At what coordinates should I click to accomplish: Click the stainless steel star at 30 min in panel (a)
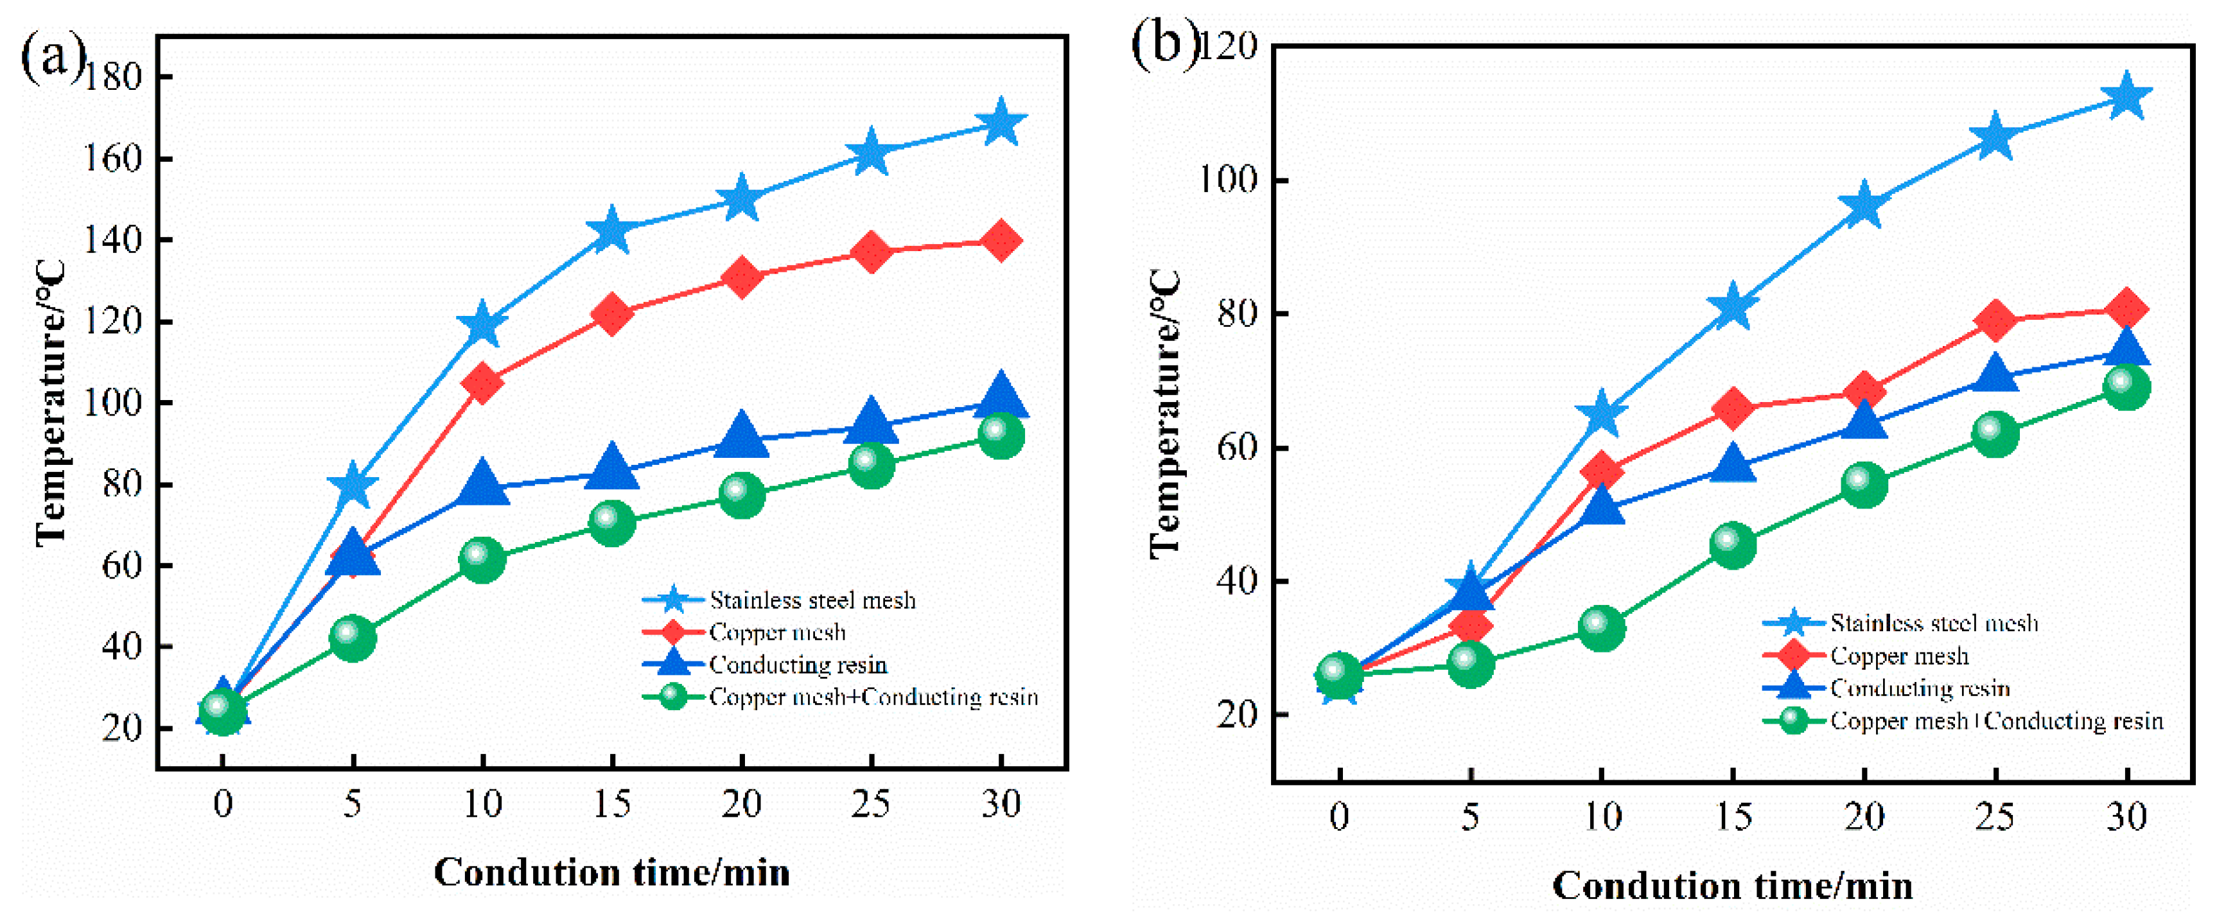(1000, 123)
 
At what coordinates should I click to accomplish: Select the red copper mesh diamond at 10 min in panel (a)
(482, 382)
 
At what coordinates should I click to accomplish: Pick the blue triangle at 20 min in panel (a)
(741, 435)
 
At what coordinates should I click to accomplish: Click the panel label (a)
(51, 55)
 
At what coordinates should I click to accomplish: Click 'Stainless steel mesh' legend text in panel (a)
(812, 600)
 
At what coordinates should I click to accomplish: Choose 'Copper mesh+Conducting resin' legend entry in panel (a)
(873, 697)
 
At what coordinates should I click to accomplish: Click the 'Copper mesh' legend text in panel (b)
(1898, 656)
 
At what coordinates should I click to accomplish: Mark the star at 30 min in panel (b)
(2126, 96)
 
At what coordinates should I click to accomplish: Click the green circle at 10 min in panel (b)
(1601, 627)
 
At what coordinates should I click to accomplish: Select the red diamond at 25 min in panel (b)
(1994, 320)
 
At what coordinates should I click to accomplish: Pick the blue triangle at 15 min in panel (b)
(1731, 464)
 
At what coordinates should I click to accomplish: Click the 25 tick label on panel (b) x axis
(1994, 816)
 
